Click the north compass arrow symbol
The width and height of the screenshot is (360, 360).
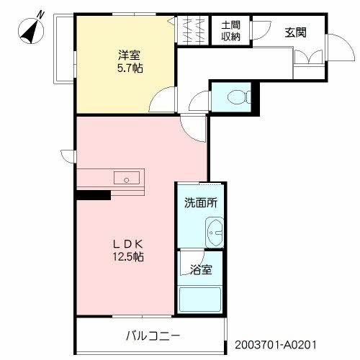[30, 32]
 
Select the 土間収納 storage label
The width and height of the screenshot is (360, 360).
[231, 31]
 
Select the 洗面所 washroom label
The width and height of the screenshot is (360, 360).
[199, 203]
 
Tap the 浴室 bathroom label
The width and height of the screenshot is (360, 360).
[201, 271]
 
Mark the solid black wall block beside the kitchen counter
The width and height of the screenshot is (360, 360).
[93, 194]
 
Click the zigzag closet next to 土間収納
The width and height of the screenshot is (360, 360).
[194, 30]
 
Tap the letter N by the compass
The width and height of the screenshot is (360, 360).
[41, 14]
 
